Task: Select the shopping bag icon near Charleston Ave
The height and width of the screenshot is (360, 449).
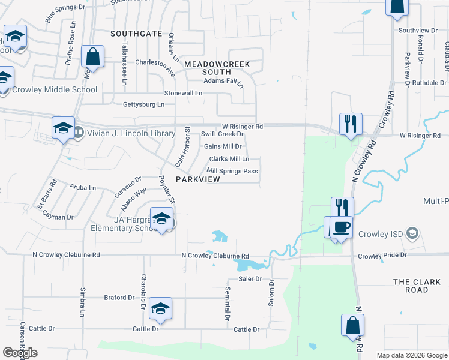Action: tap(93, 58)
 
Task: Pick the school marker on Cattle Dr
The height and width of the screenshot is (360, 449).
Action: tap(160, 308)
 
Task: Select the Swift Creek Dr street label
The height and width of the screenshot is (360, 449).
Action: tap(222, 134)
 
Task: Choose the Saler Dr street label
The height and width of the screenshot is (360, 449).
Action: tap(250, 279)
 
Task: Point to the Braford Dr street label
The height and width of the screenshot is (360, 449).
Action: tap(119, 297)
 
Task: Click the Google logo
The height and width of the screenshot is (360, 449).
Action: tap(20, 353)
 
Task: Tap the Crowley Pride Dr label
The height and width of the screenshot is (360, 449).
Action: tap(382, 256)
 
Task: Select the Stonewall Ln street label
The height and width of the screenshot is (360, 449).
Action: tap(184, 93)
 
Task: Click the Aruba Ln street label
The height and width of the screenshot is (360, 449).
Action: tap(83, 188)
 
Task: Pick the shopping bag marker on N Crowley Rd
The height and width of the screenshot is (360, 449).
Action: tap(352, 325)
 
